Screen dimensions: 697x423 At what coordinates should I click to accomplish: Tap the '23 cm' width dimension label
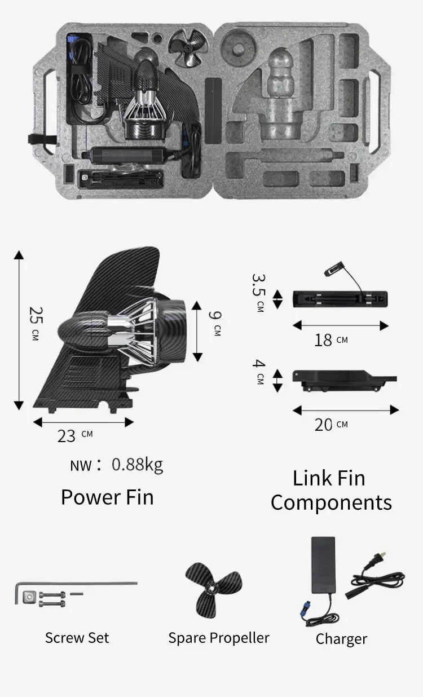74,435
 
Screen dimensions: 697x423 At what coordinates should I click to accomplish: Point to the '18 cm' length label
331,341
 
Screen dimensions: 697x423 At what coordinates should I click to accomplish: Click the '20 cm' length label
331,424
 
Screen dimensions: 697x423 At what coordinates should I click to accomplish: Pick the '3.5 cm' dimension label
259,293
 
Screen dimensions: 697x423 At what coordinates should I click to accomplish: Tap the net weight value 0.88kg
137,465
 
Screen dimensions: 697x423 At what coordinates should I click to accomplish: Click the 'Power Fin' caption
107,497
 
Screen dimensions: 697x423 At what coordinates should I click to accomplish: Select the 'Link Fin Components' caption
331,490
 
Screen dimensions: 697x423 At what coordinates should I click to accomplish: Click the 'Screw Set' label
77,638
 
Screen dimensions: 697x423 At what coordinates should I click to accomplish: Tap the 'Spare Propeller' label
219,638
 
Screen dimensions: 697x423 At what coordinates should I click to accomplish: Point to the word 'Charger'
341,639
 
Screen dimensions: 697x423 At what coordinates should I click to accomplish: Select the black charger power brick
323,564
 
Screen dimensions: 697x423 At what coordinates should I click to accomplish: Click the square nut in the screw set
29,595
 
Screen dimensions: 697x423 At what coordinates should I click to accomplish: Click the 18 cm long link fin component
340,298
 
